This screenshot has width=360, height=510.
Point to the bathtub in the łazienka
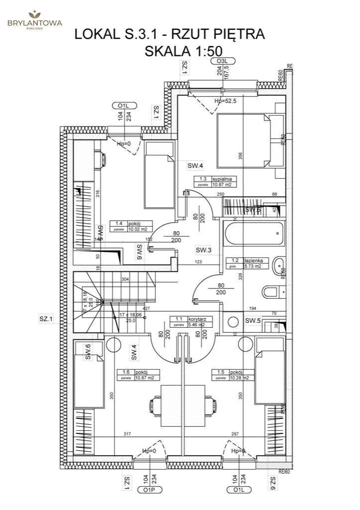point(253,233)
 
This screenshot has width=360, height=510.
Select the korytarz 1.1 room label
point(192,321)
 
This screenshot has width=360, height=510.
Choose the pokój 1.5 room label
point(233,375)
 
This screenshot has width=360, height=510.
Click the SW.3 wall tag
point(204,250)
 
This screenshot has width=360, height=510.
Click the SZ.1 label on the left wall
point(46,319)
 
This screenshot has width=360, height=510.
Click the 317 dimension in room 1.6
point(127,434)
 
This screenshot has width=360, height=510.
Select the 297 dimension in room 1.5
point(235,434)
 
